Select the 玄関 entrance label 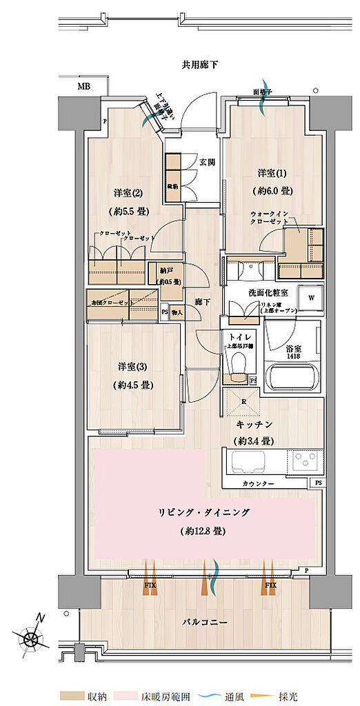click(x=207, y=163)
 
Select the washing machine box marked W click(x=310, y=299)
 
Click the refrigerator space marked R click(x=243, y=401)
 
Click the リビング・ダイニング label click(x=203, y=512)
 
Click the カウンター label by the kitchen click(x=259, y=485)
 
